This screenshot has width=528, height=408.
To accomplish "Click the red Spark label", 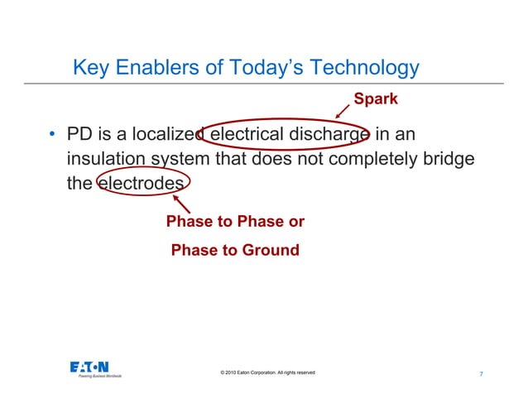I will click(376, 99).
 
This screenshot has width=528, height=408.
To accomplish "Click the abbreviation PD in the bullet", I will click(81, 134).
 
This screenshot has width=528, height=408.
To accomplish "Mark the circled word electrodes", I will click(138, 184).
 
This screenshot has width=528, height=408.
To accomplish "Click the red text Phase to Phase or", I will click(235, 222).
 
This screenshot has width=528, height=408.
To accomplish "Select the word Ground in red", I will click(268, 249).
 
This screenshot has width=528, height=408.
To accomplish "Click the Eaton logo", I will click(89, 367).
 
